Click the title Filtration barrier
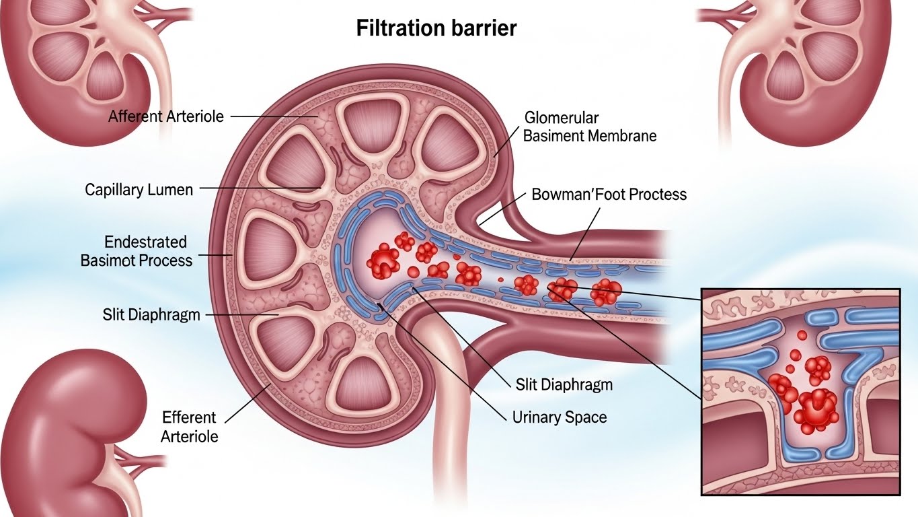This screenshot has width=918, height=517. tap(436, 29)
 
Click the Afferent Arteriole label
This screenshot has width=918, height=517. tap(166, 116)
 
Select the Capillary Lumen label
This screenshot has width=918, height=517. tap(139, 190)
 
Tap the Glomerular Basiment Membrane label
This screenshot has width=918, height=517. tap(589, 127)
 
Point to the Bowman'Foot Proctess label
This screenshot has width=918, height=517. tap(609, 195)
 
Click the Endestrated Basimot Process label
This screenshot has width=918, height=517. tap(137, 250)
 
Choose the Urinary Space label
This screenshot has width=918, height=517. tap(560, 417)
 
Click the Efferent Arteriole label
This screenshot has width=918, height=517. tap(190, 427)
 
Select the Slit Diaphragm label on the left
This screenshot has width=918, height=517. tap(151, 314)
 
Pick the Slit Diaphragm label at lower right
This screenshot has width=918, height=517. tap(564, 385)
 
